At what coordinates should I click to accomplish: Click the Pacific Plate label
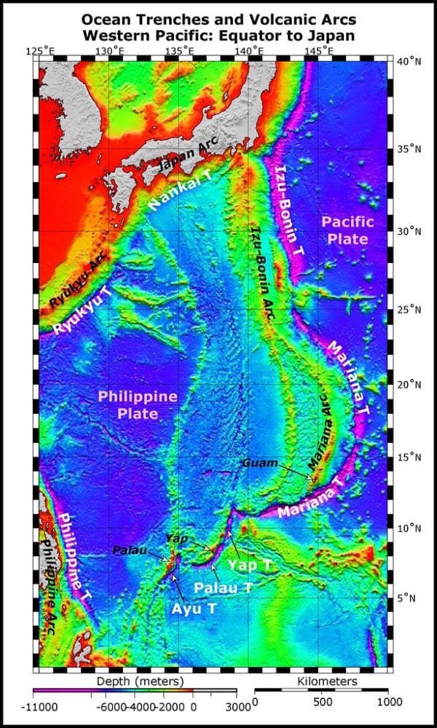347,230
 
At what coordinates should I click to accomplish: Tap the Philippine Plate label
138,405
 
